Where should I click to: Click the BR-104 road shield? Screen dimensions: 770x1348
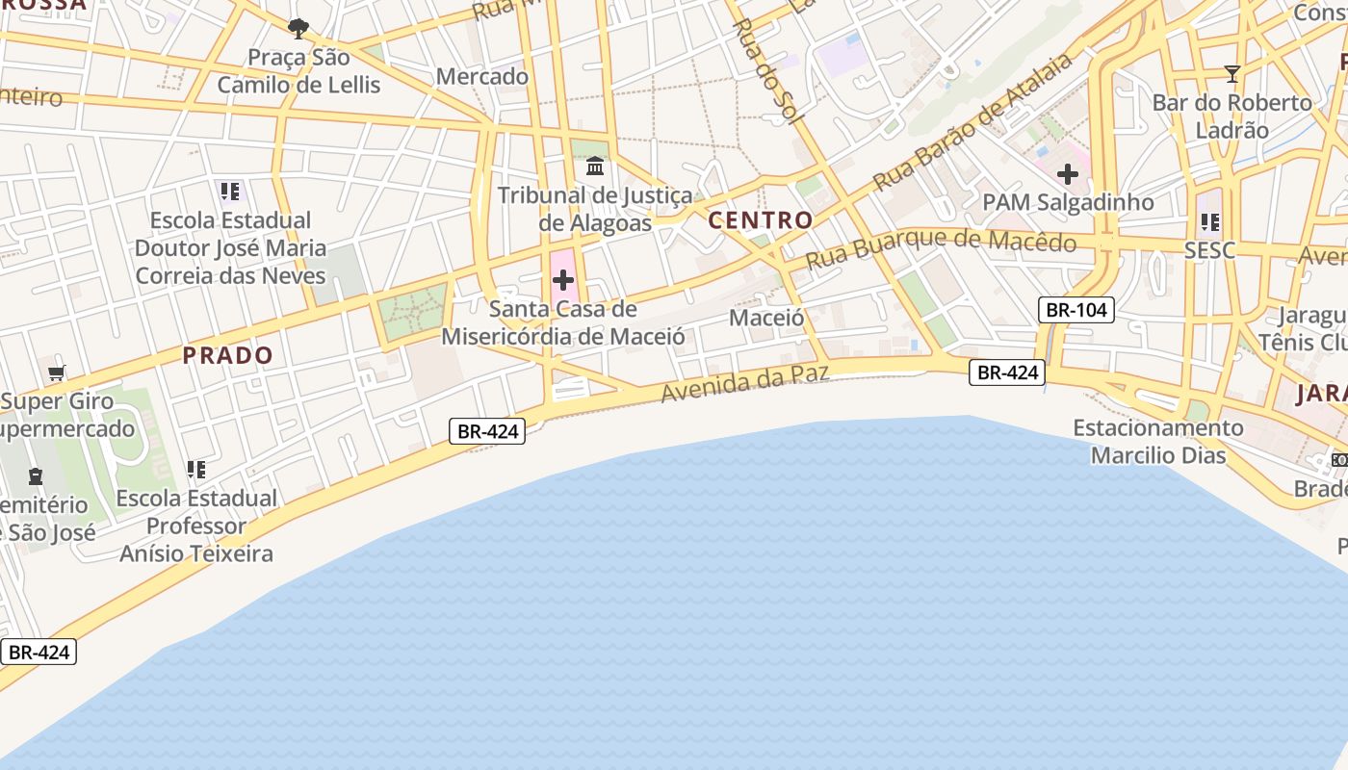[x=1076, y=309]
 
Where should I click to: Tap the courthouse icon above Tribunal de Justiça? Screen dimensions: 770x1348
[x=595, y=167]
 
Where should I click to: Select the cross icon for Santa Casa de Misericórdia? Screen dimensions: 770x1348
[x=563, y=280]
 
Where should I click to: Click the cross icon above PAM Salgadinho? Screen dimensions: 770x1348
[x=1067, y=174]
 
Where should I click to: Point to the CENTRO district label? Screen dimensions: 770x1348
[x=761, y=220]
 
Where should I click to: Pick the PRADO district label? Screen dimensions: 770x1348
[x=228, y=355]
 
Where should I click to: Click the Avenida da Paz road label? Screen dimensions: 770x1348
[x=745, y=383]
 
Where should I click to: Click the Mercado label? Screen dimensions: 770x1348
[x=482, y=76]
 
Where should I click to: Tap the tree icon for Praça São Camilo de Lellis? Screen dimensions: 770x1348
[x=298, y=28]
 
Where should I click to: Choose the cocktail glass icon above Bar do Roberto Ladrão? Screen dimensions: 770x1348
[x=1231, y=73]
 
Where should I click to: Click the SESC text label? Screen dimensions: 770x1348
[x=1210, y=251]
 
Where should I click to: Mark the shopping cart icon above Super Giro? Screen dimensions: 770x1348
[x=57, y=372]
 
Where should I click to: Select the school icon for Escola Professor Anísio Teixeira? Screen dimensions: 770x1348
[x=196, y=470]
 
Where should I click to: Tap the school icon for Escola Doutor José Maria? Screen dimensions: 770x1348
[x=229, y=192]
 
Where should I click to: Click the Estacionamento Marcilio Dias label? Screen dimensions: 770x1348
[x=1158, y=441]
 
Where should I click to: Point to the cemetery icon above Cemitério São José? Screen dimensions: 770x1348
[x=36, y=475]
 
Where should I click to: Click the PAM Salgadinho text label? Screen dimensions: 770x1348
[x=1068, y=202]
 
